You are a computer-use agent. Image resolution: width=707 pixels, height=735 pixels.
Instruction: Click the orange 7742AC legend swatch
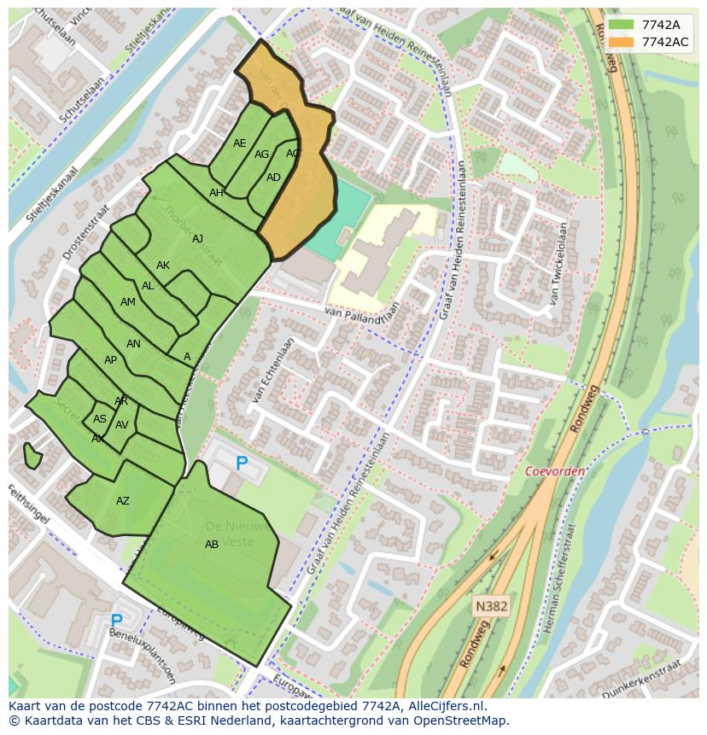[x=623, y=42]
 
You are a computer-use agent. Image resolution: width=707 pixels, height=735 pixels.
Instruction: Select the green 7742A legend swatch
[x=623, y=25]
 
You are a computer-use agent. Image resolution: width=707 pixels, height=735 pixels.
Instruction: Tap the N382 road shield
[x=491, y=606]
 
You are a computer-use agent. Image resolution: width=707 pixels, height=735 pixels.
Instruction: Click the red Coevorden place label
[x=555, y=471]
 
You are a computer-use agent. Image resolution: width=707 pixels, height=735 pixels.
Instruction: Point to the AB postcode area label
[x=212, y=545]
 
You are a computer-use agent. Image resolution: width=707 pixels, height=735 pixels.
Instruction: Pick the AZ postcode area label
[x=123, y=501]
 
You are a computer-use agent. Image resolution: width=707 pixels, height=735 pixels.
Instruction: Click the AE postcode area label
[x=240, y=143]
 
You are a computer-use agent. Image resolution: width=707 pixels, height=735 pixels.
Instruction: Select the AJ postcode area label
[x=198, y=239]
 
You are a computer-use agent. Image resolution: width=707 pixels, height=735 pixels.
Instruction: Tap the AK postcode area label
[x=163, y=265]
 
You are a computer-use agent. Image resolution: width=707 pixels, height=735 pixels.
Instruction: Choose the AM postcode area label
[x=128, y=302]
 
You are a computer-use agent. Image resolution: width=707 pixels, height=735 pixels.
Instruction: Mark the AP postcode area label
[x=110, y=360]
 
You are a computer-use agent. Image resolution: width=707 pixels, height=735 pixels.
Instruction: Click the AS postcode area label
[x=100, y=419]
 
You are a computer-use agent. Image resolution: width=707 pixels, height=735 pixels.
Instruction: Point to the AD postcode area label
[x=273, y=178]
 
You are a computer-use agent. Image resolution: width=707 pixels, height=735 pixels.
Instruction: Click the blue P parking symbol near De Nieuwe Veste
[x=242, y=464]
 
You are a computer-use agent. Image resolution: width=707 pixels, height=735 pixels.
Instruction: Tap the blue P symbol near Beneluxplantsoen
[x=116, y=621]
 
